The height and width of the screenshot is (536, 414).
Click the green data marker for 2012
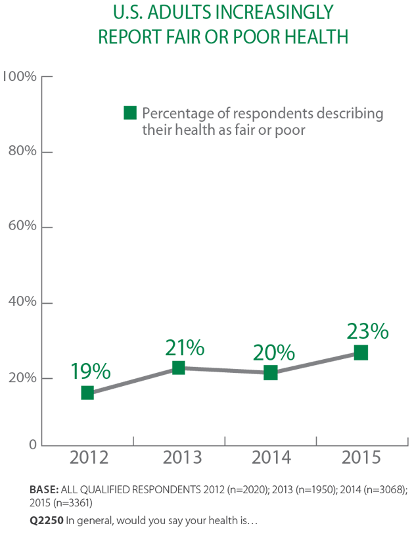tap(87, 393)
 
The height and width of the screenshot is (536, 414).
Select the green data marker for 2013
tap(178, 368)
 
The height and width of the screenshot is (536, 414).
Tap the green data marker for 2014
tap(270, 373)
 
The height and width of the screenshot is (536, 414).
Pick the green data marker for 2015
tap(361, 353)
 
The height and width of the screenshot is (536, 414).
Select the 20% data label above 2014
tap(273, 352)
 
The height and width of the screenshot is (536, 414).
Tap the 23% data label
tap(368, 330)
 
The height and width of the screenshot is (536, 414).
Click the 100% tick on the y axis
tap(19, 77)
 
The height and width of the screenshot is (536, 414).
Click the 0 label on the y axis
tap(32, 445)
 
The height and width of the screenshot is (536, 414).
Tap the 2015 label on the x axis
tap(361, 457)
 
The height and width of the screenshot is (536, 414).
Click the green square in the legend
tap(130, 113)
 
